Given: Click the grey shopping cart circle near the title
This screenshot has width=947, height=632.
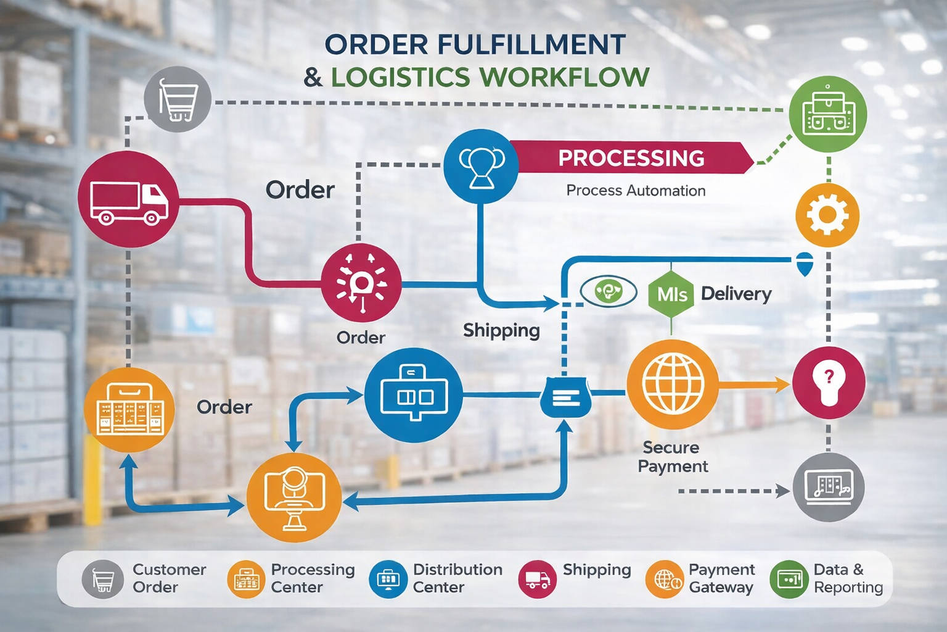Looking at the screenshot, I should pyautogui.click(x=178, y=99).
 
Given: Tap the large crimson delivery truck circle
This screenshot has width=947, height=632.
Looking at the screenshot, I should pyautogui.click(x=128, y=199).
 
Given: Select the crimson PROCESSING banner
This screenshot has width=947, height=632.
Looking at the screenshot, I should pyautogui.click(x=631, y=158).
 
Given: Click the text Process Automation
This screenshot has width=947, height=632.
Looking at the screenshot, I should pyautogui.click(x=636, y=191).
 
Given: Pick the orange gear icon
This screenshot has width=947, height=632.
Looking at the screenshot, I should pyautogui.click(x=827, y=215).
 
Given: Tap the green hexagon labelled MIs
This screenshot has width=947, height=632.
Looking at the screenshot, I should pyautogui.click(x=671, y=294).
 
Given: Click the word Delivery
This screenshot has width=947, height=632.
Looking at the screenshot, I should pyautogui.click(x=736, y=294).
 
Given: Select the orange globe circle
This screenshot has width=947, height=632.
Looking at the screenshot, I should pyautogui.click(x=673, y=384).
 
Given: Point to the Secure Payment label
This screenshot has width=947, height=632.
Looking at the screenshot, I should pyautogui.click(x=672, y=457).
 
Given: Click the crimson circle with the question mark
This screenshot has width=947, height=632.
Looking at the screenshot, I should pyautogui.click(x=828, y=382).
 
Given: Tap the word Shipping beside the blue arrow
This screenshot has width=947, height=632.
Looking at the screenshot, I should pyautogui.click(x=501, y=331).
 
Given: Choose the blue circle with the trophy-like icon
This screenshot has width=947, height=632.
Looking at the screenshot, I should pyautogui.click(x=482, y=166).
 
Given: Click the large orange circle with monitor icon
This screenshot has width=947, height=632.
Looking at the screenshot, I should pyautogui.click(x=294, y=497).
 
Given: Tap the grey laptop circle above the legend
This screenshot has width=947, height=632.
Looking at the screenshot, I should pyautogui.click(x=828, y=487).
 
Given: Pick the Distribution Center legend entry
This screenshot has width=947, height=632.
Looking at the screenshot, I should pyautogui.click(x=437, y=579).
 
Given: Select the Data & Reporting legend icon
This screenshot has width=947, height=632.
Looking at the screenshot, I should pyautogui.click(x=789, y=579).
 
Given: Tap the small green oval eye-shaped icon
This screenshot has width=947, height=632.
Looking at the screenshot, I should pyautogui.click(x=608, y=291).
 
